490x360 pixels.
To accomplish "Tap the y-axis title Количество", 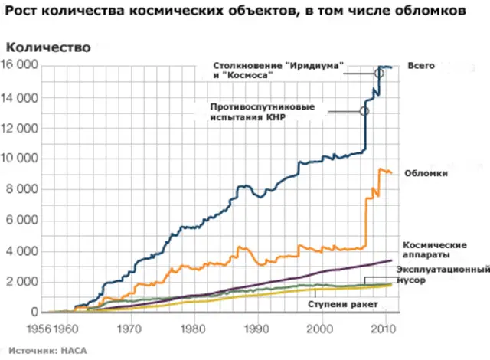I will pos(47,47).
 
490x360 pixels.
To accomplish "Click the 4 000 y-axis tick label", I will pos(22,251).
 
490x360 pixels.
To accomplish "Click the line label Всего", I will pos(420,66).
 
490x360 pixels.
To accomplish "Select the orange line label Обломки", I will pos(426,174).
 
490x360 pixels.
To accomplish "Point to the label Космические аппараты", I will pos(433,250).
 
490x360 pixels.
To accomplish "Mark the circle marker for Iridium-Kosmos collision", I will pos(379,73).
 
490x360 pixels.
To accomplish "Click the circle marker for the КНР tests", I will pos(364,111).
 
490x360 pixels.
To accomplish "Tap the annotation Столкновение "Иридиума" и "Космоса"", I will pos(278,70).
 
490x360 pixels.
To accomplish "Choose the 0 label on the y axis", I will pos(34,313).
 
